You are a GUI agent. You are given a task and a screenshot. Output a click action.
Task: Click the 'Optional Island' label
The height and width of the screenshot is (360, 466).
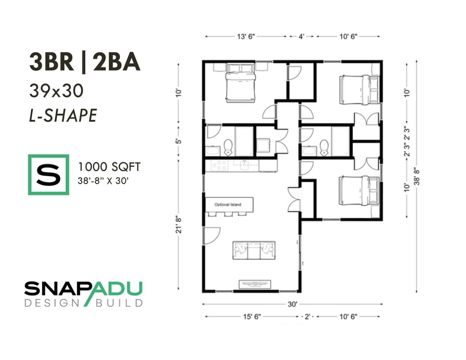tap(228, 204)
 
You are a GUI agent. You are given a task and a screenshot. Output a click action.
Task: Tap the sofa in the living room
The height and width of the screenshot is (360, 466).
tap(254, 250)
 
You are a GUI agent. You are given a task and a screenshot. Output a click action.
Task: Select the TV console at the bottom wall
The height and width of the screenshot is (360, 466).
tap(255, 284)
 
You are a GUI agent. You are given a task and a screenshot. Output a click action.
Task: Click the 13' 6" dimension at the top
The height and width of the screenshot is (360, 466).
tap(246, 37)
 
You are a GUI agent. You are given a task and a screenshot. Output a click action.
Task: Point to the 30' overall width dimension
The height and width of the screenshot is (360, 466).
tap(292, 304)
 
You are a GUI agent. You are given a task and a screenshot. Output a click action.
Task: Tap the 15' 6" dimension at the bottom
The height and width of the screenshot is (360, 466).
tap(252, 316)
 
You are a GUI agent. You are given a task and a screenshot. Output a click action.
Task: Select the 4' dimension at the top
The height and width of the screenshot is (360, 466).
tap(301, 37)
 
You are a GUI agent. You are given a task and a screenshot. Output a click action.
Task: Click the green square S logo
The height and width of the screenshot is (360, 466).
tap(49, 175)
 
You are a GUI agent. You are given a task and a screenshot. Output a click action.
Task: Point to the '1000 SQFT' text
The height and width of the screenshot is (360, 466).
tap(109, 167)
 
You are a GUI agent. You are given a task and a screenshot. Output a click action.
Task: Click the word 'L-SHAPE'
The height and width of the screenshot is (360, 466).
tap(63, 115)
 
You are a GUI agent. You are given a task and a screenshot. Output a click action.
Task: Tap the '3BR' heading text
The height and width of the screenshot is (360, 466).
tap(52, 62)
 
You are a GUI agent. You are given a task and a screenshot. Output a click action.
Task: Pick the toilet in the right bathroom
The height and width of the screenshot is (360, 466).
tap(324, 147)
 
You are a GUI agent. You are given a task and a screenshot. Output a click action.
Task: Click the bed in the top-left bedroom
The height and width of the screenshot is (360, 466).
tap(241, 82)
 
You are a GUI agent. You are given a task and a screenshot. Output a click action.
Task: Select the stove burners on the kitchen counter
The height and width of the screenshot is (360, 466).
tap(219, 166)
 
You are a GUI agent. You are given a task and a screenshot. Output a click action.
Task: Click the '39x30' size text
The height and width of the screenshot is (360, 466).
tap(56, 91)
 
